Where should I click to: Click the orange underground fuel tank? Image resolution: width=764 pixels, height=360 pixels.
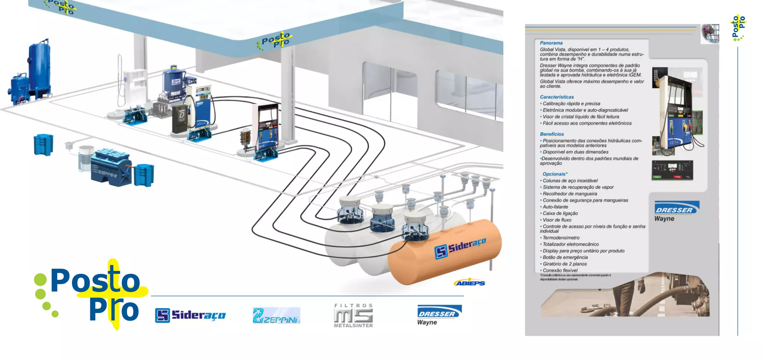pyautogui.click(x=444, y=254)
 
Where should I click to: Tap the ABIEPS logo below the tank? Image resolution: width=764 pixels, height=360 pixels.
pyautogui.click(x=470, y=283)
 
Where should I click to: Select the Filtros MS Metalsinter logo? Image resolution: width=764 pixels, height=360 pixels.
pyautogui.click(x=353, y=316)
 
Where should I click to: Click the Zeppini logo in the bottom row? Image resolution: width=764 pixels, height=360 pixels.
pyautogui.click(x=276, y=316)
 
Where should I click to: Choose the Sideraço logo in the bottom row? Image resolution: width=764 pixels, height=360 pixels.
pyautogui.click(x=190, y=315)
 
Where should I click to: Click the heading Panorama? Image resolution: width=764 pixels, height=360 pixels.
pyautogui.click(x=551, y=43)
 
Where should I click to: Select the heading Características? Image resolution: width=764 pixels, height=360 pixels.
pyautogui.click(x=557, y=97)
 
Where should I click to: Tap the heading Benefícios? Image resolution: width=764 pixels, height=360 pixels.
pyautogui.click(x=552, y=134)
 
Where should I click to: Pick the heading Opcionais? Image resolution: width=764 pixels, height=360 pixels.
pyautogui.click(x=555, y=174)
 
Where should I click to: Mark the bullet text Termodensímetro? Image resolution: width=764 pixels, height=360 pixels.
pyautogui.click(x=561, y=238)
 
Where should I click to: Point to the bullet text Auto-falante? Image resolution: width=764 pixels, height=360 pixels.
pyautogui.click(x=555, y=207)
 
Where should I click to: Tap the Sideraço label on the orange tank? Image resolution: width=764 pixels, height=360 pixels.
pyautogui.click(x=460, y=248)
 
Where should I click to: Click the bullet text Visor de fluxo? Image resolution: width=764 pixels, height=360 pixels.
pyautogui.click(x=557, y=220)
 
